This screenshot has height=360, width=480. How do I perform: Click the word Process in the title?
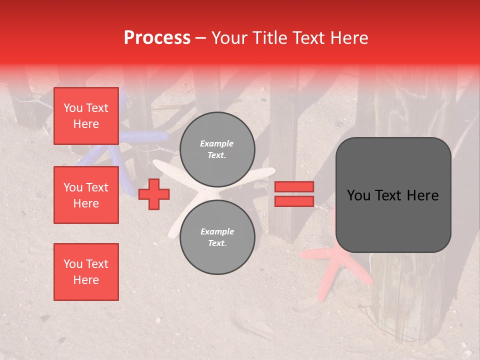157,38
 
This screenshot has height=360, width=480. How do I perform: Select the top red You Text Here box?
86,116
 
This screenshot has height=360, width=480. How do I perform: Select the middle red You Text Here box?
86,195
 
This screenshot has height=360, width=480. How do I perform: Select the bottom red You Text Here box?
86,272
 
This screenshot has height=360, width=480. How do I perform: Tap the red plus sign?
154,194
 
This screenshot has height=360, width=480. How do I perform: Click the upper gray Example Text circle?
217,149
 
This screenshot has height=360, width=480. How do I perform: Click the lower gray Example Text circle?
217,237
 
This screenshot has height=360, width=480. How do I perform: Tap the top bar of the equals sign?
294,187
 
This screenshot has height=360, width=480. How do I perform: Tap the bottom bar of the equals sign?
294,201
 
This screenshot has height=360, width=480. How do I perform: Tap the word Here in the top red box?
86,124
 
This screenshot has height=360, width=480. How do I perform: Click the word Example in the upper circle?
217,144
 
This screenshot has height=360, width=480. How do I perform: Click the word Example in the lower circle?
217,231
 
